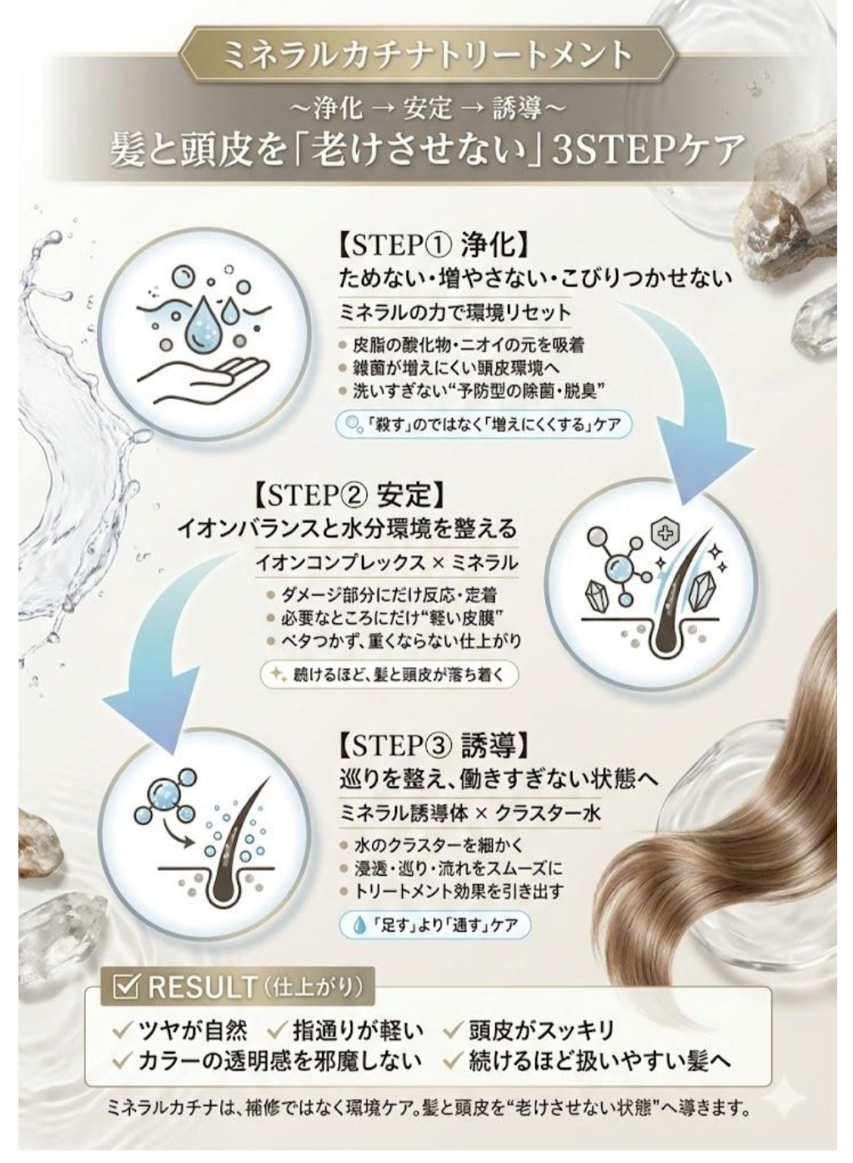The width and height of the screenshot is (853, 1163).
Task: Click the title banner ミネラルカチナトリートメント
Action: [427, 56]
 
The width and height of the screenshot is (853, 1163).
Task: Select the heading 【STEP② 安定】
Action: [350, 496]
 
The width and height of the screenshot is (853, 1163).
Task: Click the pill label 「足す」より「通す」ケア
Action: [435, 923]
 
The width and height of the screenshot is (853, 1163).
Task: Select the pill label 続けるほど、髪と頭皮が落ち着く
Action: [389, 674]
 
